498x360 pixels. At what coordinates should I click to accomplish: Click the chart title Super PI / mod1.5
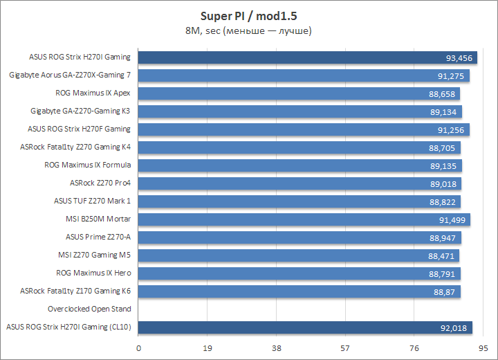point(248,15)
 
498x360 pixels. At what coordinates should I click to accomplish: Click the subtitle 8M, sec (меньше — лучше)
point(248,30)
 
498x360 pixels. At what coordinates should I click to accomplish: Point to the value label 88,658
point(442,93)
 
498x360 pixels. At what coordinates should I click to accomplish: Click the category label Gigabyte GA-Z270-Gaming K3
point(80,111)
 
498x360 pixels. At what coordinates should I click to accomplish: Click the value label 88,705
point(442,147)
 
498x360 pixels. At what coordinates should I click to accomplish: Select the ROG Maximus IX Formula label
point(87,165)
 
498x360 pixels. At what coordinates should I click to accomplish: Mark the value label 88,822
point(443,201)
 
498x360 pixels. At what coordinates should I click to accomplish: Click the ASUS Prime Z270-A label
point(98,237)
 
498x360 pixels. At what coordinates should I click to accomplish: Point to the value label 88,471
point(441,255)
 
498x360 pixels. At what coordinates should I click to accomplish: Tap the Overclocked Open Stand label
point(89,309)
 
